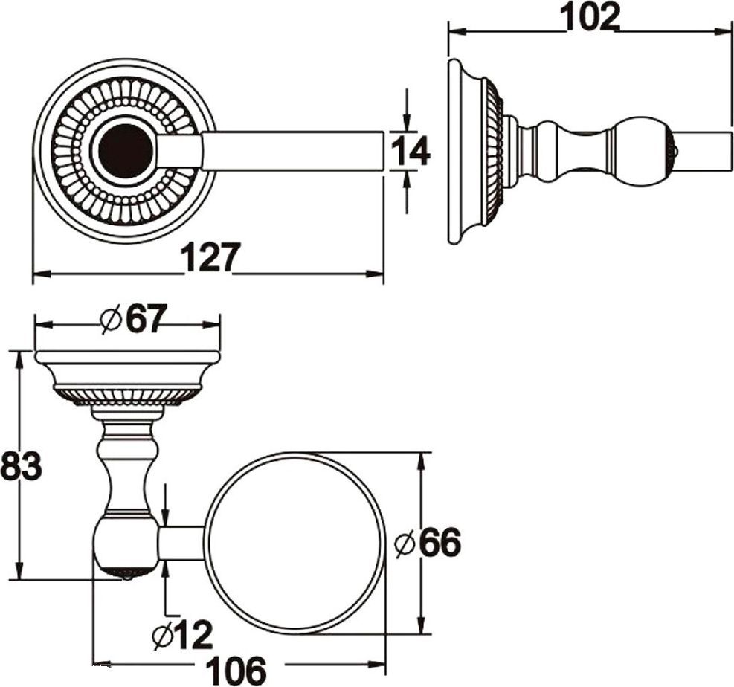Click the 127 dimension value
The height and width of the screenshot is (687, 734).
(x=210, y=257)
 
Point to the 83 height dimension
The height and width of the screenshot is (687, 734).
(x=21, y=466)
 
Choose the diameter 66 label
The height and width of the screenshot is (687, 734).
(x=428, y=543)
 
